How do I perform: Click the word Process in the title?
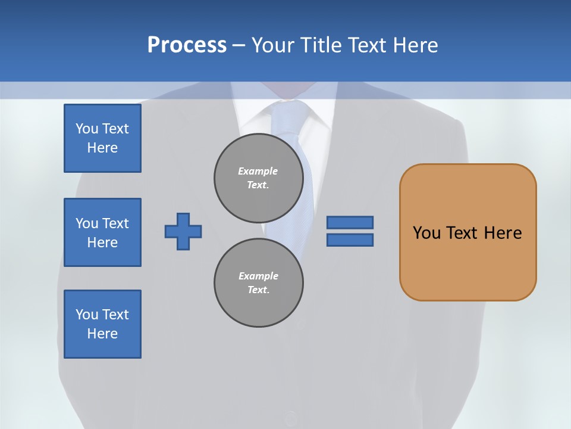[x=187, y=45]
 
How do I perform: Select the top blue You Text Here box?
[x=102, y=138]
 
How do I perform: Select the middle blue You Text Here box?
[x=102, y=232]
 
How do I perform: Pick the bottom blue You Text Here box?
[x=102, y=324]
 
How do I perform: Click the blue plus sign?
[x=183, y=231]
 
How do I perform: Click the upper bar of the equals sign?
[x=350, y=222]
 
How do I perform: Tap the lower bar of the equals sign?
[x=350, y=240]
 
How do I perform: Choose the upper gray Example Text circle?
[x=259, y=178]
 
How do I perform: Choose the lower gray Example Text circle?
[x=259, y=282]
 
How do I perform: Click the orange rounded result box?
[x=468, y=232]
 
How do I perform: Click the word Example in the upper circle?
[x=258, y=171]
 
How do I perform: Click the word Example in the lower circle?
[x=258, y=276]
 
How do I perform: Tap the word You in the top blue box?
[x=86, y=129]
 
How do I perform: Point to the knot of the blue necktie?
[x=290, y=113]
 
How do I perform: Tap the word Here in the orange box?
[x=503, y=233]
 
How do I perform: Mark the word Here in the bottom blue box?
[x=102, y=334]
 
